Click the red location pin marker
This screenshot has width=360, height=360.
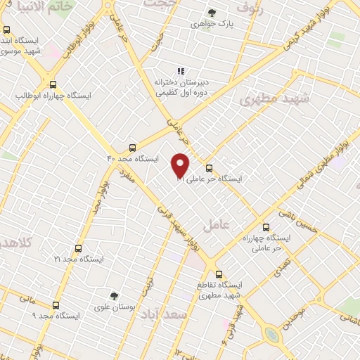tap(181, 166)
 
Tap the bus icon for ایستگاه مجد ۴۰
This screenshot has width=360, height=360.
tap(133, 148)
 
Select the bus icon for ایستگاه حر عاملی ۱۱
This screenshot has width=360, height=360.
tap(209, 168)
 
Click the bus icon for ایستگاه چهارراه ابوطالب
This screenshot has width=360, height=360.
tap(53, 84)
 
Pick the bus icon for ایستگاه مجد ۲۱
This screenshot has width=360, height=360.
tap(77, 248)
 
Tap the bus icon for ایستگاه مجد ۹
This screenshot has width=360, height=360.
tap(56, 305)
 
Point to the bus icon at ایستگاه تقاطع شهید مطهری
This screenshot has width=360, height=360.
tap(219, 274)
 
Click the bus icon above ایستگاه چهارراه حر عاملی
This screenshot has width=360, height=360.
tap(266, 227)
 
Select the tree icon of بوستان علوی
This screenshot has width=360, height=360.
tap(115, 297)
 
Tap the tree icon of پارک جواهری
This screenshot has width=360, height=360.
tap(212, 13)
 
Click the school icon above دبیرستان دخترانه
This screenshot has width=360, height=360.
tap(181, 71)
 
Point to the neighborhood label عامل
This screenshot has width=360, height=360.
tap(217, 226)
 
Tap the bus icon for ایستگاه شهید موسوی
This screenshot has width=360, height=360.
tap(7, 30)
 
